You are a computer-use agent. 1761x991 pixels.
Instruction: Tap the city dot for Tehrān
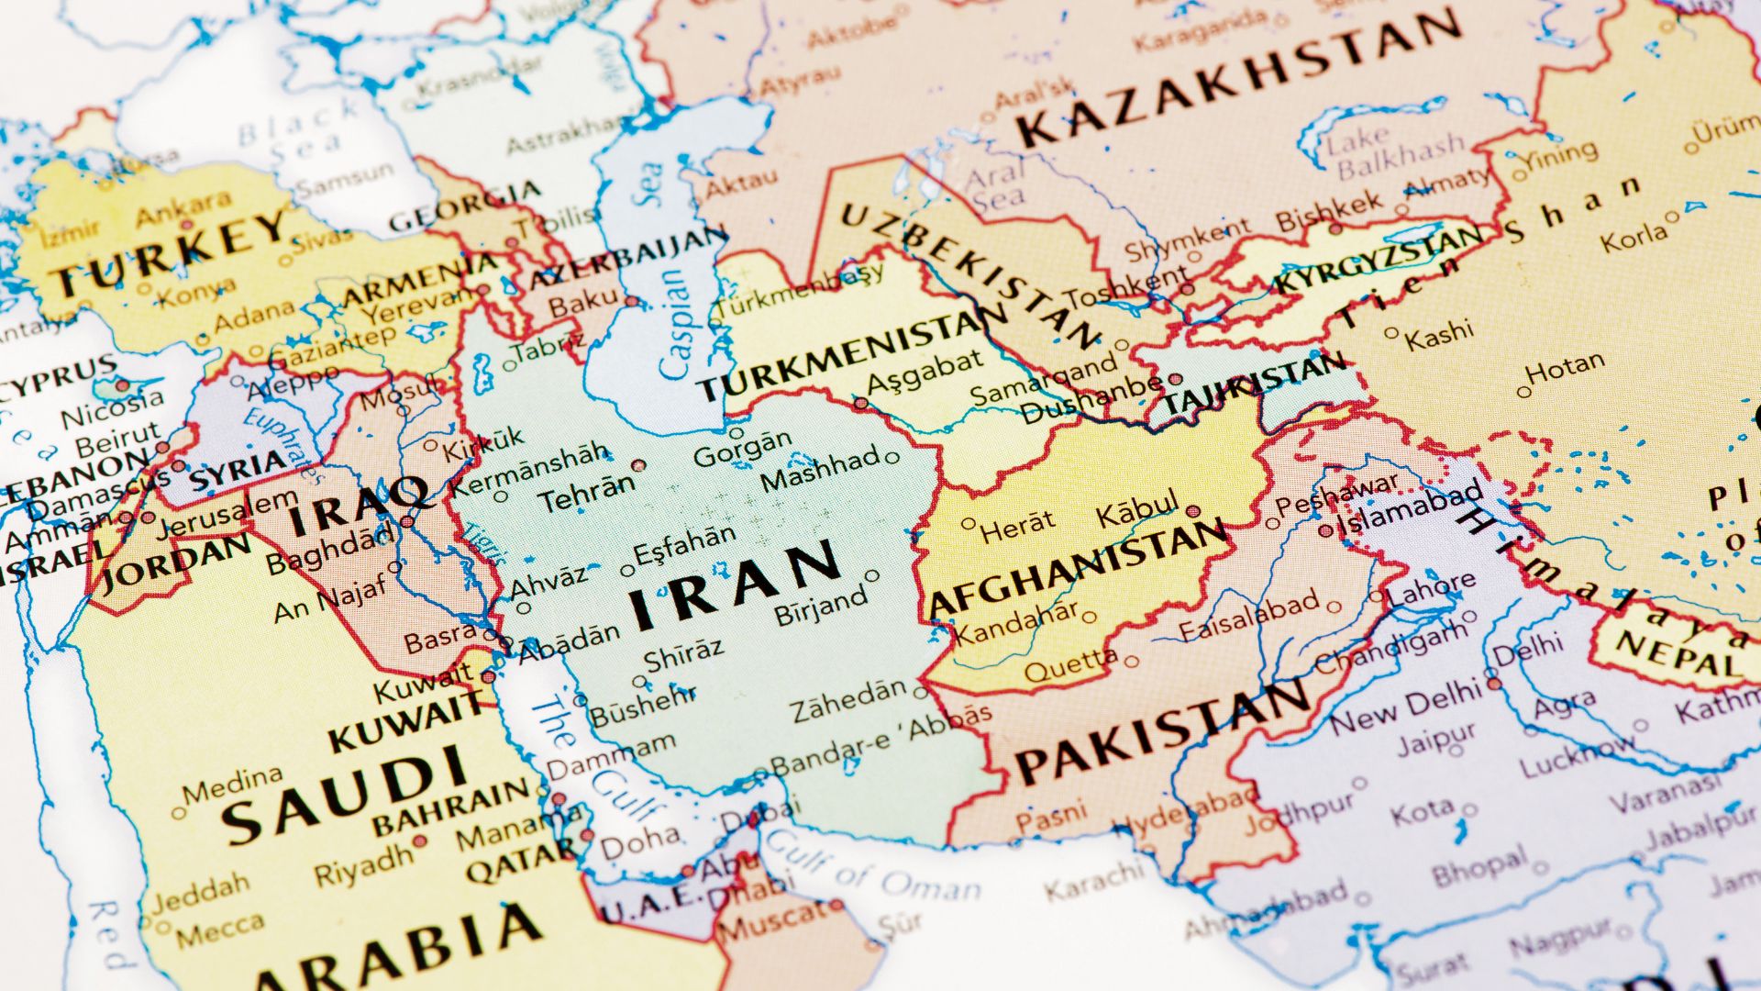click(x=638, y=465)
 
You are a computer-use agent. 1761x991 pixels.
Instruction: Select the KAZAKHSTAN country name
click(x=1238, y=78)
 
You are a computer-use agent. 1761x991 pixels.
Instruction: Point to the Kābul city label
click(x=1137, y=509)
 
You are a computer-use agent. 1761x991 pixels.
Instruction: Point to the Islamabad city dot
click(x=1325, y=530)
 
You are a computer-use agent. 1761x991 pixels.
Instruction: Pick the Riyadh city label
click(x=363, y=864)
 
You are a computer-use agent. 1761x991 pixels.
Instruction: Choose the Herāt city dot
click(x=969, y=524)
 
